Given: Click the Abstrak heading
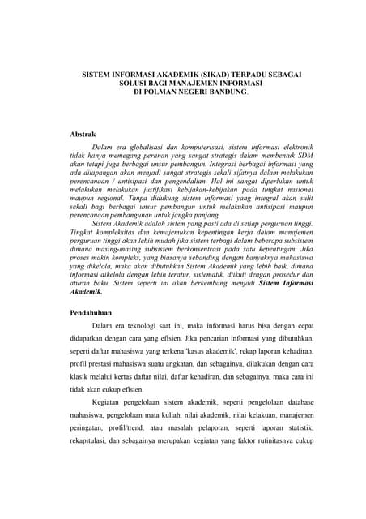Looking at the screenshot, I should [84, 131].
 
